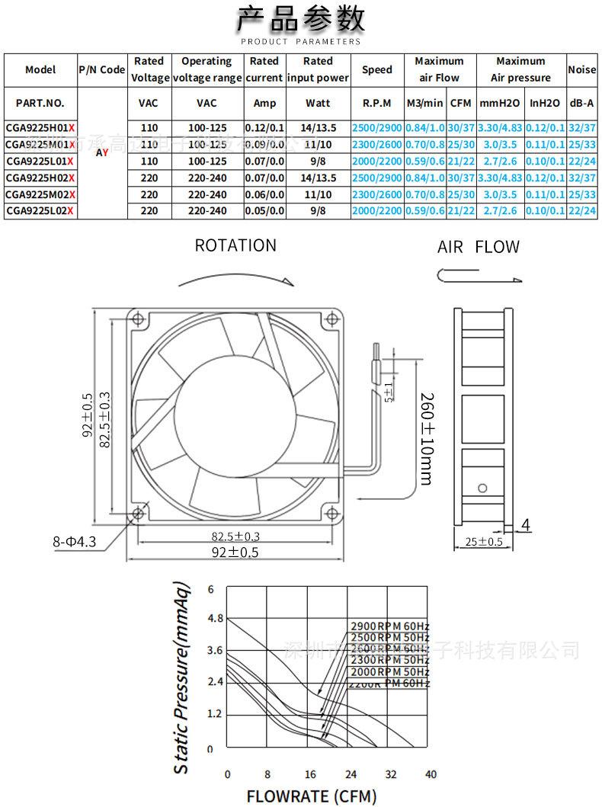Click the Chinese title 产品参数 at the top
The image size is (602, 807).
coord(301,18)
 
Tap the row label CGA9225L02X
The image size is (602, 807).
coord(40,210)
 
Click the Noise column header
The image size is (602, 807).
coord(581,69)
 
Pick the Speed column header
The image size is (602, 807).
coord(376,69)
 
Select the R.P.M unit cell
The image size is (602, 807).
coord(376,103)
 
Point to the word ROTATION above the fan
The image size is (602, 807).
coord(235,245)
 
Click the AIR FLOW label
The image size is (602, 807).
coord(479,247)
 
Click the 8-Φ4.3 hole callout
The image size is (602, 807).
coord(75,542)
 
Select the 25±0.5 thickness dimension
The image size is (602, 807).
coord(484,543)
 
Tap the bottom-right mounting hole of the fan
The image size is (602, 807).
coord(330,511)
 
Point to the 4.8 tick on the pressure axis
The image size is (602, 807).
coord(211,619)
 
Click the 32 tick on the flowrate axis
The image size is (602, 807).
coord(390,774)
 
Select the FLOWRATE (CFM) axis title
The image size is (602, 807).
coord(311,796)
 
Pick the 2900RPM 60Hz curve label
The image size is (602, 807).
coord(389,626)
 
